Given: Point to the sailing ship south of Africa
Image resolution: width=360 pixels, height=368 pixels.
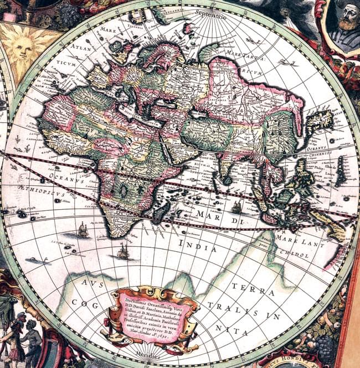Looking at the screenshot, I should pos(123,252).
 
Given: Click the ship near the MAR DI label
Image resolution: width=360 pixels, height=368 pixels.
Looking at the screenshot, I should pos(236,207).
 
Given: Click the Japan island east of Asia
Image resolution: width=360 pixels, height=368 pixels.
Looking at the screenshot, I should pos(320,120).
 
